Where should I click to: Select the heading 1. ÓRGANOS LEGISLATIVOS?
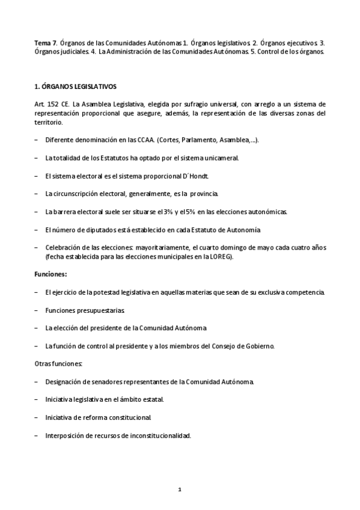(x=76, y=86)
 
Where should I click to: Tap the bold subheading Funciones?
(x=51, y=274)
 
